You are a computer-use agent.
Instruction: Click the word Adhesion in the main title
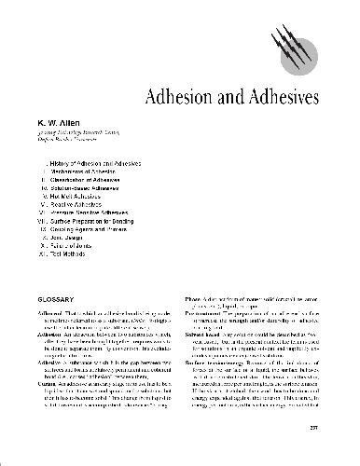click(177, 98)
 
